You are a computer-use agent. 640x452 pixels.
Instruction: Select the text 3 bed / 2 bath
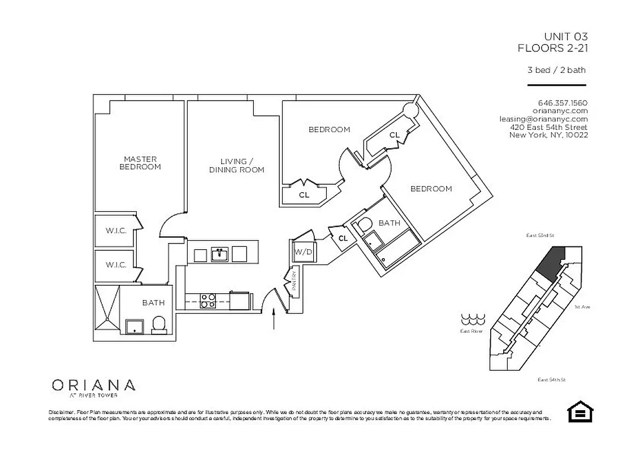[x=556, y=71]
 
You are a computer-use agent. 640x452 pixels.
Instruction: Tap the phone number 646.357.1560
[x=563, y=103]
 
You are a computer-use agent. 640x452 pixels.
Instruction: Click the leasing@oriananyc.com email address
[x=543, y=119]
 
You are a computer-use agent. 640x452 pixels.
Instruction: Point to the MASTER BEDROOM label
[x=140, y=163]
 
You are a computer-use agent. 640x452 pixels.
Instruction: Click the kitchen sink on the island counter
[x=220, y=254]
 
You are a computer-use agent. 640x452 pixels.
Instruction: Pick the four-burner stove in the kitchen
[x=208, y=300]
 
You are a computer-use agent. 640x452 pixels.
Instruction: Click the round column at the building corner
[x=409, y=111]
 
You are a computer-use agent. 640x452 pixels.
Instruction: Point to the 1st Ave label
[x=582, y=307]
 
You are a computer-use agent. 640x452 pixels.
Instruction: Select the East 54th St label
[x=552, y=380]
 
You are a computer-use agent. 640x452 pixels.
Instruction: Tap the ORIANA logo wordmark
[x=93, y=385]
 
